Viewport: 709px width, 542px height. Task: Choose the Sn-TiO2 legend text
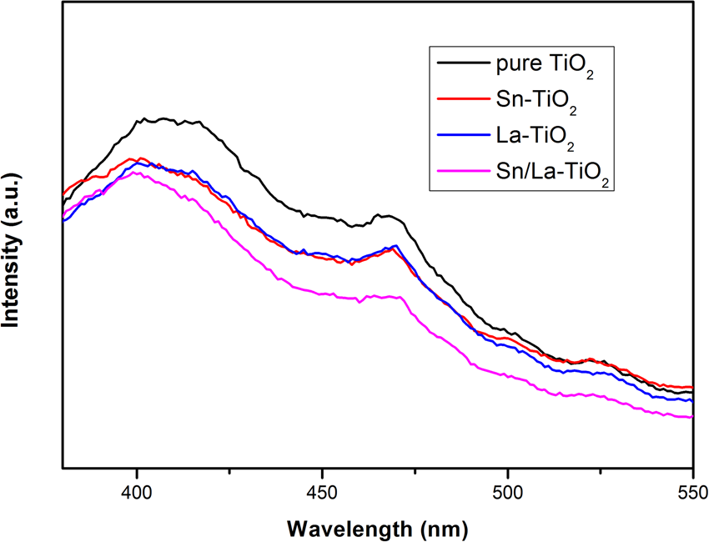pos(515,103)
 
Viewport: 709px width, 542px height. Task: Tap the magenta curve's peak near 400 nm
pos(136,172)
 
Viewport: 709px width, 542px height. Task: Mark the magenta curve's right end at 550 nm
pos(691,417)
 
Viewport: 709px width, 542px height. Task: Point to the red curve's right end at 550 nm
pos(691,386)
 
